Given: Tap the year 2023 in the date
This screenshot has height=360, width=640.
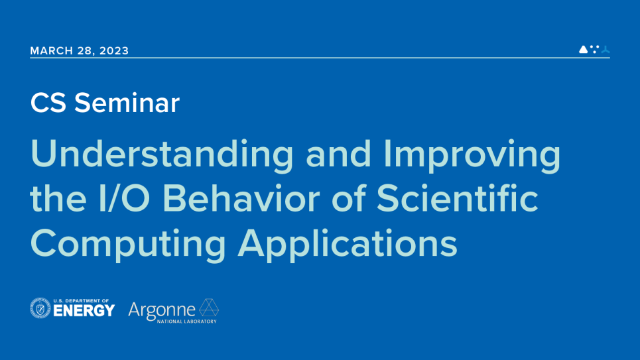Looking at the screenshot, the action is [x=114, y=50].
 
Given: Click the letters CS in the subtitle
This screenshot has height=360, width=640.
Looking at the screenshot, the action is [x=48, y=103].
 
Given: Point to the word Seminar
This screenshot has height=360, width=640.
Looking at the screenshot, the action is [x=127, y=103].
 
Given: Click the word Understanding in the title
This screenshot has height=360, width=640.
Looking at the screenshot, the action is [x=162, y=154].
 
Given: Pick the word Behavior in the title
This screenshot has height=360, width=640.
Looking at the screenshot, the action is [x=241, y=198].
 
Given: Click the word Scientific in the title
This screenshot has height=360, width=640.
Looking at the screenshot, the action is [x=457, y=198].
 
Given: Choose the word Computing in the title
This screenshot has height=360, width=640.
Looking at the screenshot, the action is [x=128, y=244].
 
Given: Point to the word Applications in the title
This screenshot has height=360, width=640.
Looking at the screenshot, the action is [x=348, y=244].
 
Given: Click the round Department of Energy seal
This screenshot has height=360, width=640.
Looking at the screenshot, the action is [x=40, y=308].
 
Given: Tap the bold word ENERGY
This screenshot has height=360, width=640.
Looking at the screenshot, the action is [x=84, y=311].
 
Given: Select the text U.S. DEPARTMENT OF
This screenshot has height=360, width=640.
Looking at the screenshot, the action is [x=81, y=301].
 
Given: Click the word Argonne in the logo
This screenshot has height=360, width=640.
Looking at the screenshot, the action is [x=162, y=310].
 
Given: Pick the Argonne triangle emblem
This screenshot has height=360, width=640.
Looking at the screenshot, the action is [x=209, y=308].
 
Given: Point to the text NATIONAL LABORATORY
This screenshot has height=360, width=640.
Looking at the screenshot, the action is [x=187, y=322].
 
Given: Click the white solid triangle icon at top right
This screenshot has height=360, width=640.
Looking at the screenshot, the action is [x=583, y=49].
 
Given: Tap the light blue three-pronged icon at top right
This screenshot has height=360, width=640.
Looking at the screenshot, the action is [x=606, y=49].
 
